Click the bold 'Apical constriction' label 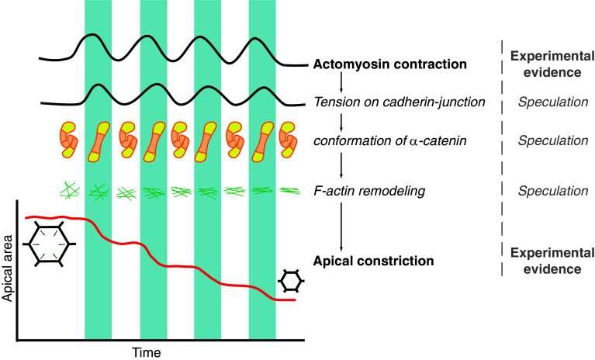(374, 261)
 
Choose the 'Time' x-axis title (146, 352)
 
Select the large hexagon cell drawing (48, 243)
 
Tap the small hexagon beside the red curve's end (291, 279)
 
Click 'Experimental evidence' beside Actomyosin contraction (551, 64)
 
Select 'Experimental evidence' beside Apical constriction (551, 261)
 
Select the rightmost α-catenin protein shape (288, 140)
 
